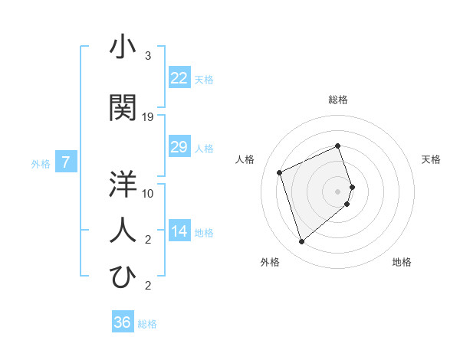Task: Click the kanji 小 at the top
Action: click(x=123, y=48)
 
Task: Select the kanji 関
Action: click(x=123, y=108)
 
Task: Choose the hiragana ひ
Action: click(x=123, y=277)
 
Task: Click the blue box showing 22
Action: click(x=179, y=78)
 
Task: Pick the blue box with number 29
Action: click(x=179, y=147)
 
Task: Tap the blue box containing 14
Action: click(x=179, y=232)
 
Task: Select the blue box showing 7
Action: click(x=66, y=162)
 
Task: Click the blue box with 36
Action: click(x=122, y=322)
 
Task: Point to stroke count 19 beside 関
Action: click(x=148, y=117)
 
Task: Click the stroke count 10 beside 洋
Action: click(x=148, y=194)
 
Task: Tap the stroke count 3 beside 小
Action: click(x=148, y=56)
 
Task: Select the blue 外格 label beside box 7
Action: click(x=41, y=163)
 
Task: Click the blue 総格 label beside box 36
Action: click(x=147, y=324)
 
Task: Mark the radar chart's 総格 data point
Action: click(x=338, y=146)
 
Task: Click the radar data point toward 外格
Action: click(x=301, y=242)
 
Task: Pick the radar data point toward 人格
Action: click(x=280, y=172)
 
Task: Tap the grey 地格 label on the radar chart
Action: click(x=402, y=263)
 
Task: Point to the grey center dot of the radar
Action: click(x=338, y=191)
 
